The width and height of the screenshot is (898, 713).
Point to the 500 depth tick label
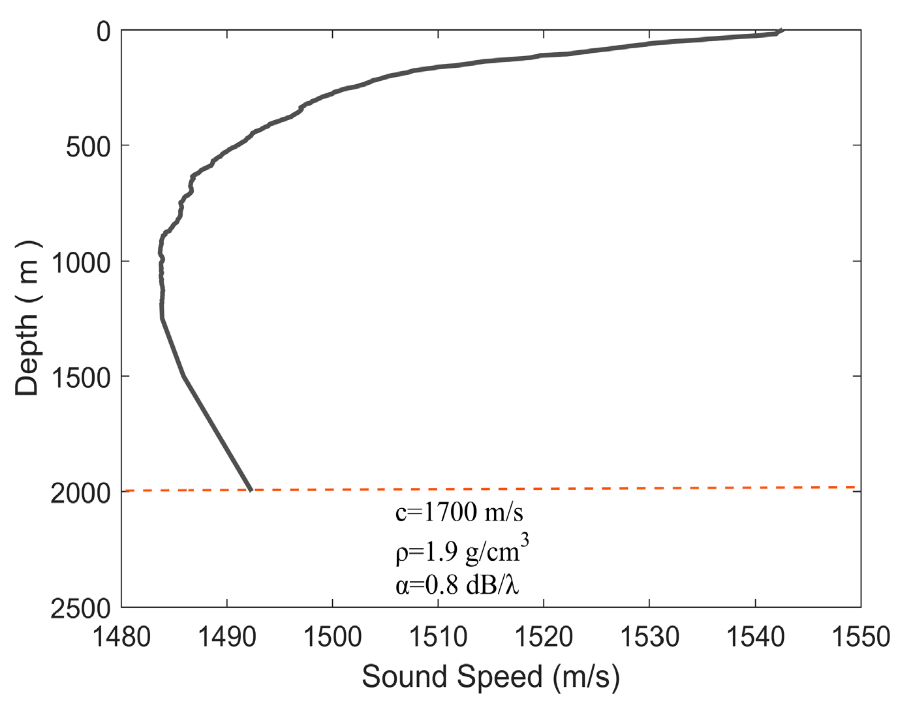[x=89, y=147]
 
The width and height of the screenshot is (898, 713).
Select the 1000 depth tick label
[x=81, y=264]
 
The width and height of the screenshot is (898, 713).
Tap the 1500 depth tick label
[x=81, y=378]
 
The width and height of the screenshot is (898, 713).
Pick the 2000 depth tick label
[x=81, y=494]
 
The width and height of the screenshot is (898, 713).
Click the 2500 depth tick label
[x=81, y=609]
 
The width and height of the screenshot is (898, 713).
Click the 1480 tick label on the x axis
[x=121, y=637]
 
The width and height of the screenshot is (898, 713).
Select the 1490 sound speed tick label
[x=227, y=637]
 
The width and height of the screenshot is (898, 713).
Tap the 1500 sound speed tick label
[x=333, y=637]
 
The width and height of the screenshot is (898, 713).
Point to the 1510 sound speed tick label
[x=438, y=637]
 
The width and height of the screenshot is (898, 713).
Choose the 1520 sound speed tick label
[x=544, y=637]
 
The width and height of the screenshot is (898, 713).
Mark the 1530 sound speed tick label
[x=649, y=637]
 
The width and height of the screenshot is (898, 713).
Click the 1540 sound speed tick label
[x=755, y=637]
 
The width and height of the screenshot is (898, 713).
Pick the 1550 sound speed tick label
[x=861, y=637]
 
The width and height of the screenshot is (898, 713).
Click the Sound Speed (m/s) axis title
[x=491, y=677]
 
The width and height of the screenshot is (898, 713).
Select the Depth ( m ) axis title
[x=28, y=318]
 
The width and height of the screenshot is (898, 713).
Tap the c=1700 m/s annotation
[x=459, y=513]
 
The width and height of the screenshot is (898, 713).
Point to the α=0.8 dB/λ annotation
[x=457, y=585]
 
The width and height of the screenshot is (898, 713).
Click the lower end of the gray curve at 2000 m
[x=251, y=489]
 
